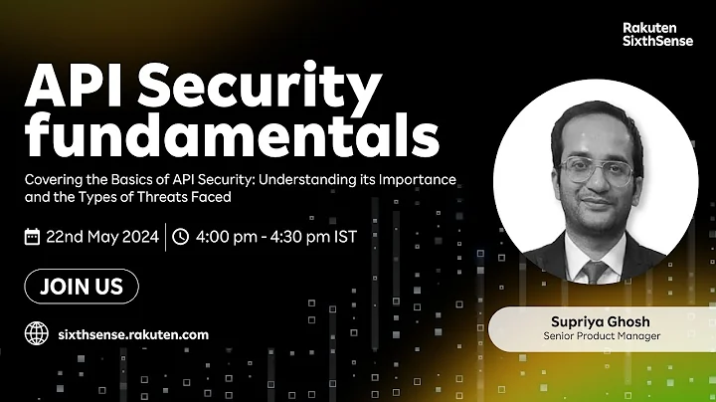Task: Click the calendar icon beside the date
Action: click(33, 237)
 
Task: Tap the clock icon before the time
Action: click(180, 237)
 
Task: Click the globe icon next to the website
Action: click(36, 334)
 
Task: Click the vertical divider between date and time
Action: click(165, 237)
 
